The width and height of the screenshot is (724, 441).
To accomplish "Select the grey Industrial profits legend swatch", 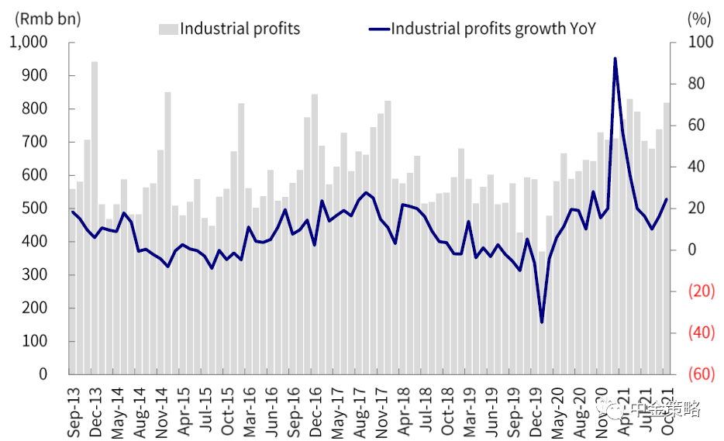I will [x=168, y=29].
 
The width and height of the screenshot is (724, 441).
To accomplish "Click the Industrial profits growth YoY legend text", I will [x=493, y=29].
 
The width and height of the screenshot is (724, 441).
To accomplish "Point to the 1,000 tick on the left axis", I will [x=29, y=43].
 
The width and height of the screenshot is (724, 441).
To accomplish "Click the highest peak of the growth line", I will [x=615, y=58].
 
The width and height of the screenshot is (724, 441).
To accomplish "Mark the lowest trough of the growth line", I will [x=542, y=322].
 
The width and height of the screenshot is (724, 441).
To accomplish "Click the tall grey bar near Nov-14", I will [x=167, y=233].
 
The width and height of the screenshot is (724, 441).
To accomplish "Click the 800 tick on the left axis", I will [x=35, y=109].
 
